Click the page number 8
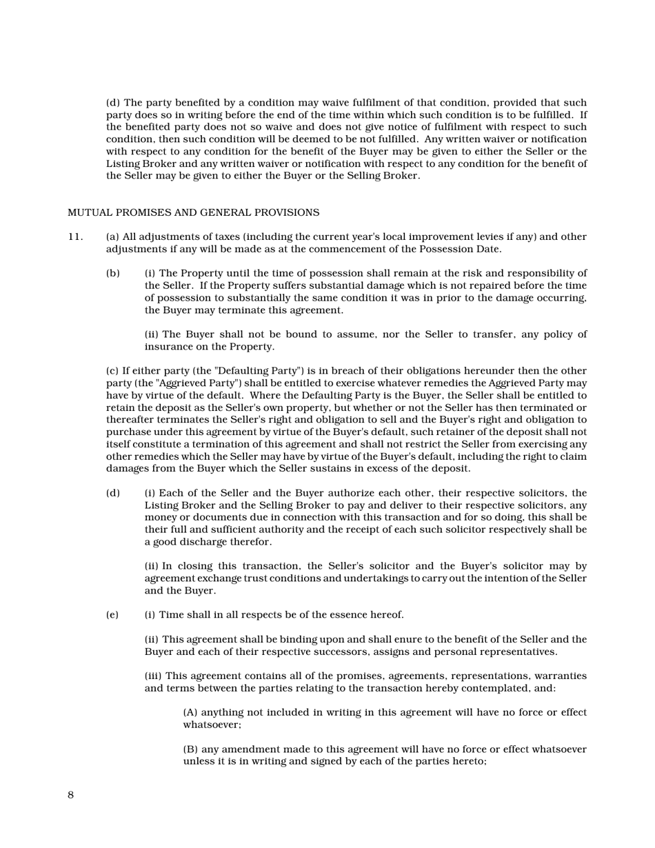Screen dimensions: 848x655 click(71, 795)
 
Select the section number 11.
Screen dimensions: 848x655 click(75, 237)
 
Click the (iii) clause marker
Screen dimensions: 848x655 click(153, 676)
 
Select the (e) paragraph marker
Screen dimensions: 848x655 click(112, 615)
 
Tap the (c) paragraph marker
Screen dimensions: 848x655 click(112, 371)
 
